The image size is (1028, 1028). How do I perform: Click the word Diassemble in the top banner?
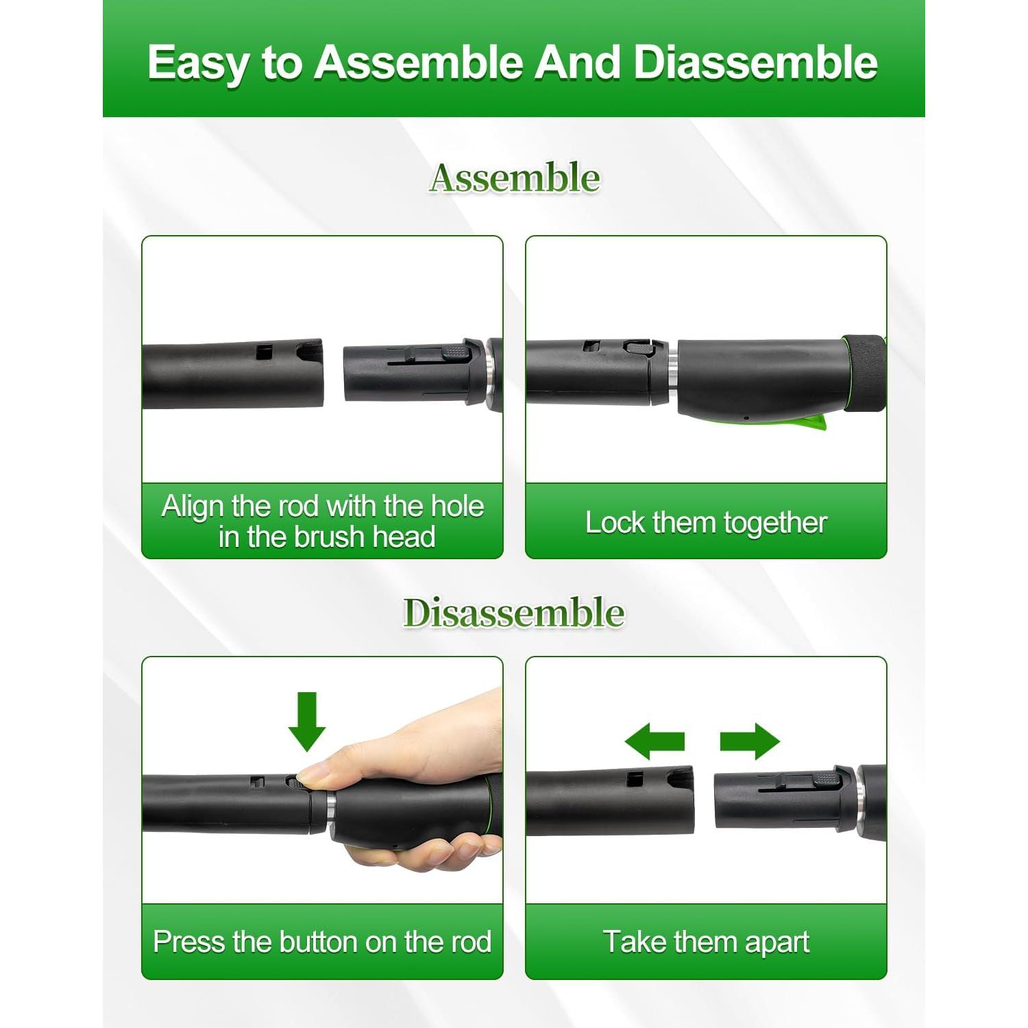(x=755, y=63)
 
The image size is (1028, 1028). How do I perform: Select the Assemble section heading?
(x=515, y=178)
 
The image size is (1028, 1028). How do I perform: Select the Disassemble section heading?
(x=513, y=612)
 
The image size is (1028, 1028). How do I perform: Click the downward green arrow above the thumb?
(x=306, y=721)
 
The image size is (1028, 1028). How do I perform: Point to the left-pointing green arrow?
(x=655, y=741)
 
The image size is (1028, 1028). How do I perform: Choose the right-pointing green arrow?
(x=750, y=741)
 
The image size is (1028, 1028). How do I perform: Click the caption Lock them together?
(x=706, y=523)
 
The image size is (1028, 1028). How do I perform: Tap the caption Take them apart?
(x=706, y=942)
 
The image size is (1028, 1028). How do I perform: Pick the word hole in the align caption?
(x=457, y=506)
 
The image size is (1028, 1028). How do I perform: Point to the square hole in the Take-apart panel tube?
(x=635, y=779)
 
